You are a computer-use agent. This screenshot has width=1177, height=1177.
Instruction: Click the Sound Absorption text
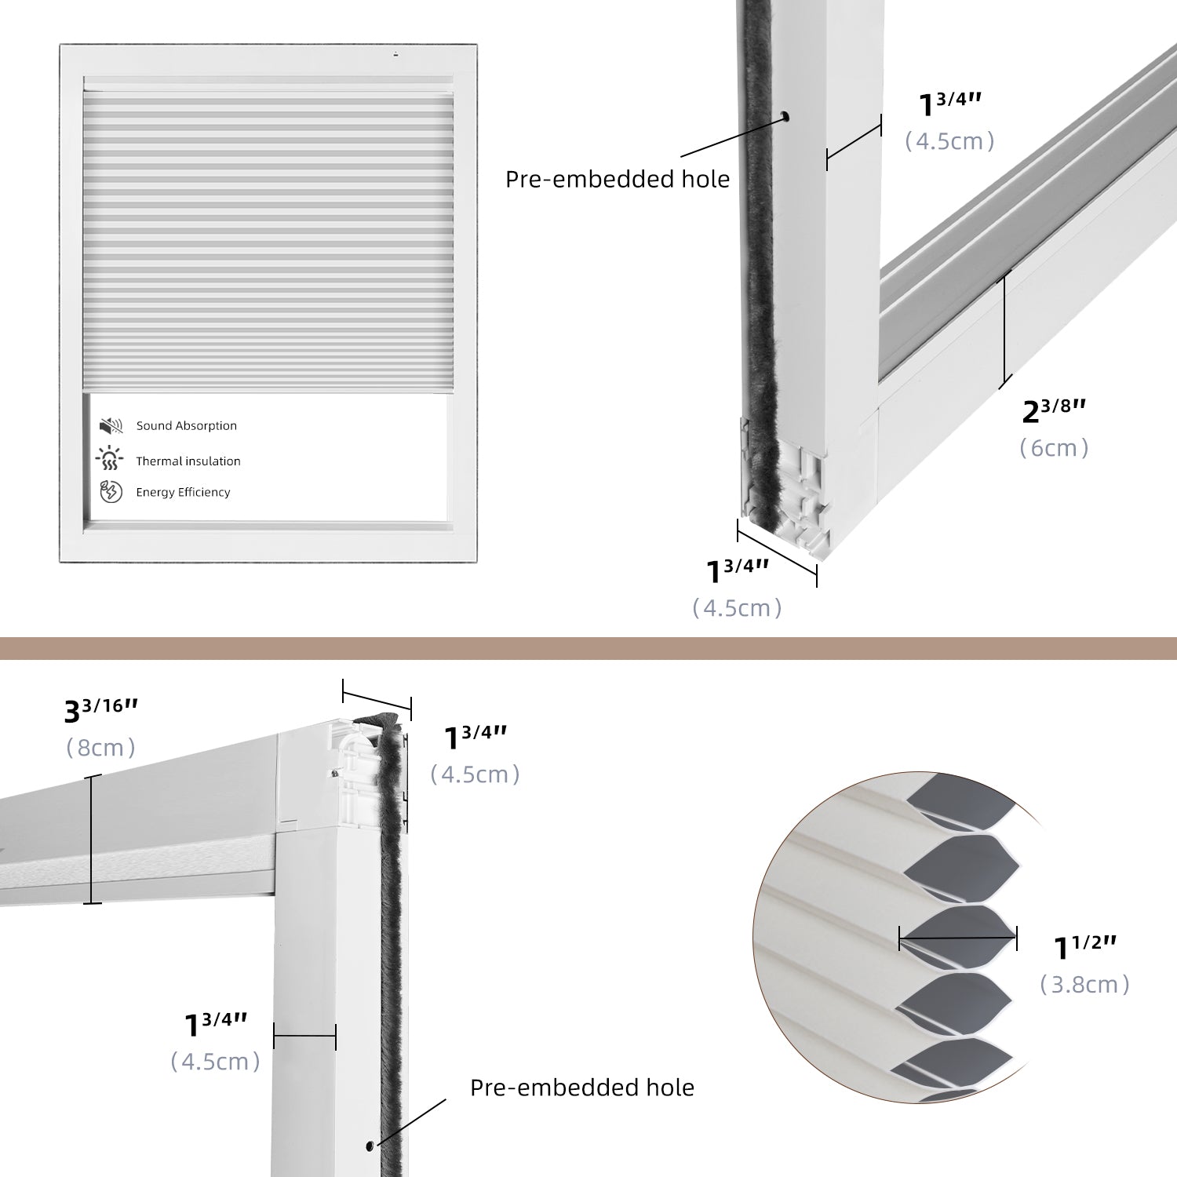pos(186,426)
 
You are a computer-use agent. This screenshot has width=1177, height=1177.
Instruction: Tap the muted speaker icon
pos(111,426)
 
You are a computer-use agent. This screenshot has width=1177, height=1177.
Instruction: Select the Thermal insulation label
pos(188,461)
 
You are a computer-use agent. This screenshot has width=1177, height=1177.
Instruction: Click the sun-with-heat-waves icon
pos(110,458)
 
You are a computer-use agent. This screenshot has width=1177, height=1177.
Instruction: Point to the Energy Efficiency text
pos(183,493)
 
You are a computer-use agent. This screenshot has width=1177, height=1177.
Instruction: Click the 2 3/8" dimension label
pos(1054,410)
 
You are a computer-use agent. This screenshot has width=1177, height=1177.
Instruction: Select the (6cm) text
pos(1054,448)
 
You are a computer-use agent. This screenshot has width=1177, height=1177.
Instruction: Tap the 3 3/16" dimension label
pos(100,710)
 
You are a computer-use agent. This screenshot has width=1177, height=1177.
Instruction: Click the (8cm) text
pos(100,748)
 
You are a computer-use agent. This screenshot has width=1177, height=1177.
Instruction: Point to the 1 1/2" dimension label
pos(1084,947)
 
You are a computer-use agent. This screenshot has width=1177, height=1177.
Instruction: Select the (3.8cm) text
pos(1084,985)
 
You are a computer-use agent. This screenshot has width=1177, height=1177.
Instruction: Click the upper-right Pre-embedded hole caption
pos(617,180)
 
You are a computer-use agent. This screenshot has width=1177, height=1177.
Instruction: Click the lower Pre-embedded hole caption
pos(581,1088)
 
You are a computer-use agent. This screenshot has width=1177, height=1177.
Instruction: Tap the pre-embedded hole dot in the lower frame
pos(370,1146)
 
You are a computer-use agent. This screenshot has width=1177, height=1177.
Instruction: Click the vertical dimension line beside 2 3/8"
pos(1005,330)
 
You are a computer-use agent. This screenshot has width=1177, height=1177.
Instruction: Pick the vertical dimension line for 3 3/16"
pos(92,840)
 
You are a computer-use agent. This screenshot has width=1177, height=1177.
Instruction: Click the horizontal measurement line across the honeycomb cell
pos(957,938)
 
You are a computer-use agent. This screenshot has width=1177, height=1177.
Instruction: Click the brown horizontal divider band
pos(588,648)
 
